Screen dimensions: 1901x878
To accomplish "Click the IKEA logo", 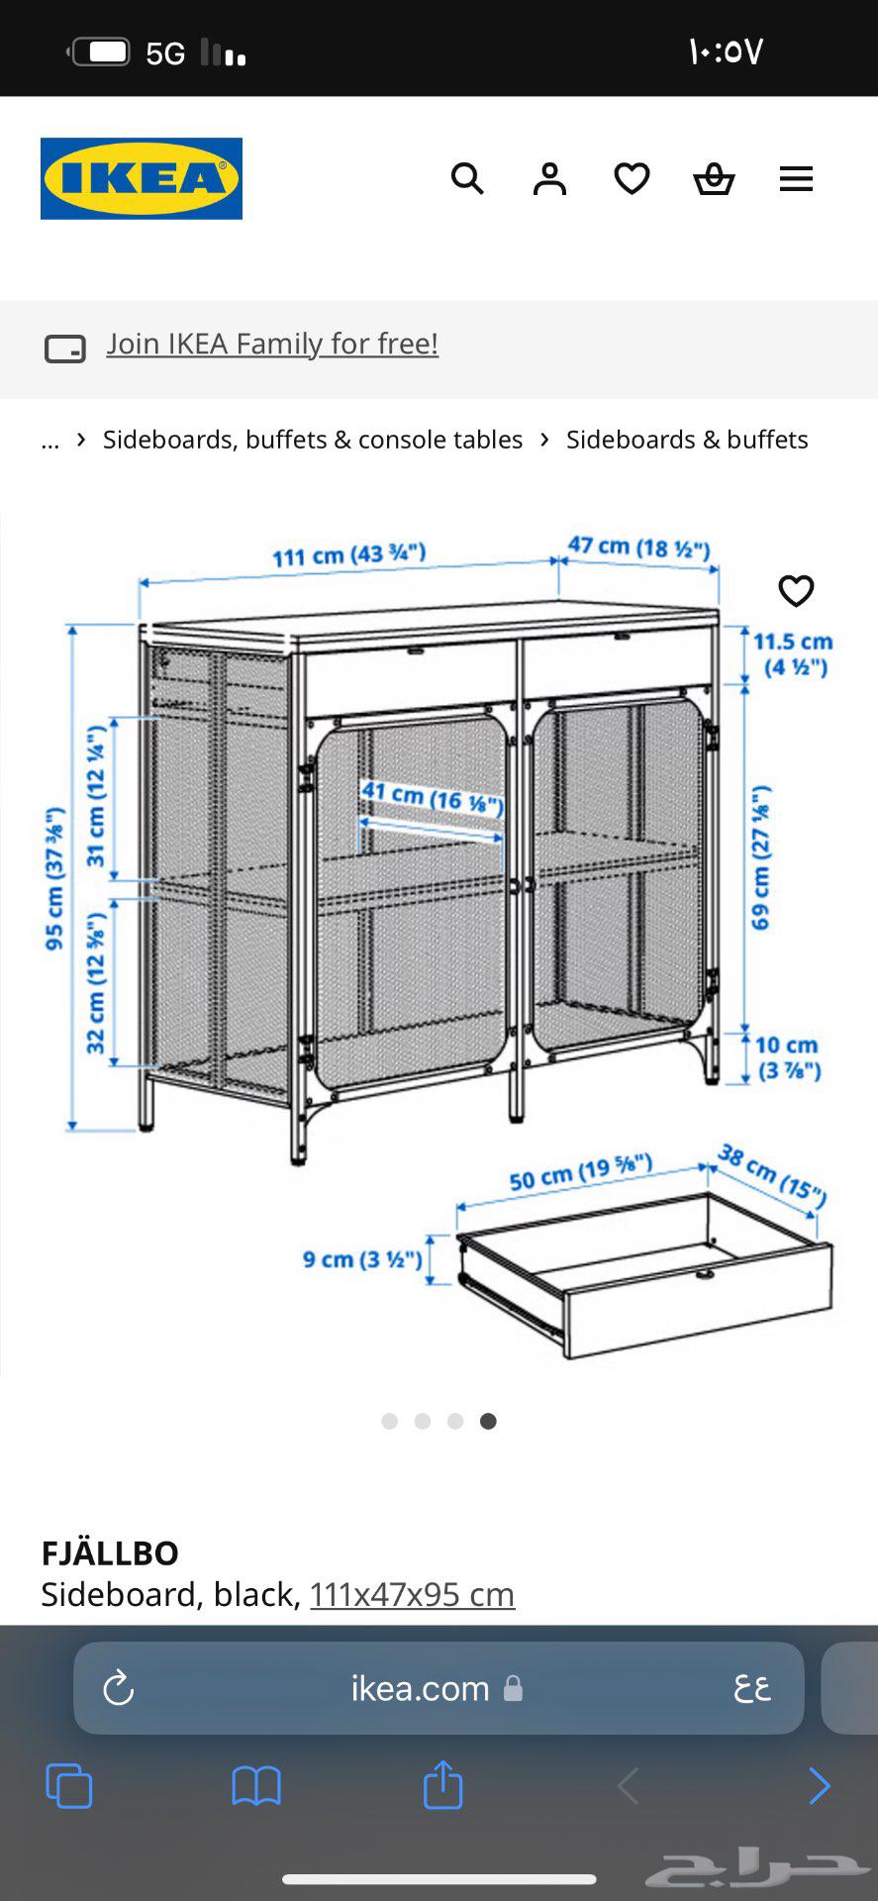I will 142,178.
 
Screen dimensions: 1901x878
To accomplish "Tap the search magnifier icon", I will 467,179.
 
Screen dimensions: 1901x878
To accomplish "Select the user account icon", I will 549,179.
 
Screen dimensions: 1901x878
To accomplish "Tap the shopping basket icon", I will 714,179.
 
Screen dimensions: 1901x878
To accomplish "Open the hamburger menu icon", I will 796,179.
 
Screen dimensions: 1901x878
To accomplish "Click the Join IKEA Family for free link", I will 272,344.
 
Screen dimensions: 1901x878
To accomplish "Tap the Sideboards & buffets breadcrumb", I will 687,440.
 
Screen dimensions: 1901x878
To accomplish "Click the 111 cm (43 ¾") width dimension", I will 348,554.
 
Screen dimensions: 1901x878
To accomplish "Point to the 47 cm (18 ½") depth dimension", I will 638,547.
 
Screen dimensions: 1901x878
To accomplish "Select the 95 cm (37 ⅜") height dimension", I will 55,878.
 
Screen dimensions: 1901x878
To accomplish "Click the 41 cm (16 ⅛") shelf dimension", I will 432,797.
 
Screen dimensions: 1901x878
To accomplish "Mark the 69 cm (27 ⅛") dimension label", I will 761,857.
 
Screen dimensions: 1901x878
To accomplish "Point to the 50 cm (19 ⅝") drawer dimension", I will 580,1173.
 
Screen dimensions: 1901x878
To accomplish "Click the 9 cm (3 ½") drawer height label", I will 362,1259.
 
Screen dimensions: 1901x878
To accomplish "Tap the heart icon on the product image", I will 796,591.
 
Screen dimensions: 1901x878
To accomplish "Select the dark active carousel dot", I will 488,1421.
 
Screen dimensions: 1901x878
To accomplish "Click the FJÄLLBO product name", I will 110,1552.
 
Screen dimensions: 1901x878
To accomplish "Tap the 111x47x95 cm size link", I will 412,1594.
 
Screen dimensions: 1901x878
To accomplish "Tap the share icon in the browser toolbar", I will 442,1785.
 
